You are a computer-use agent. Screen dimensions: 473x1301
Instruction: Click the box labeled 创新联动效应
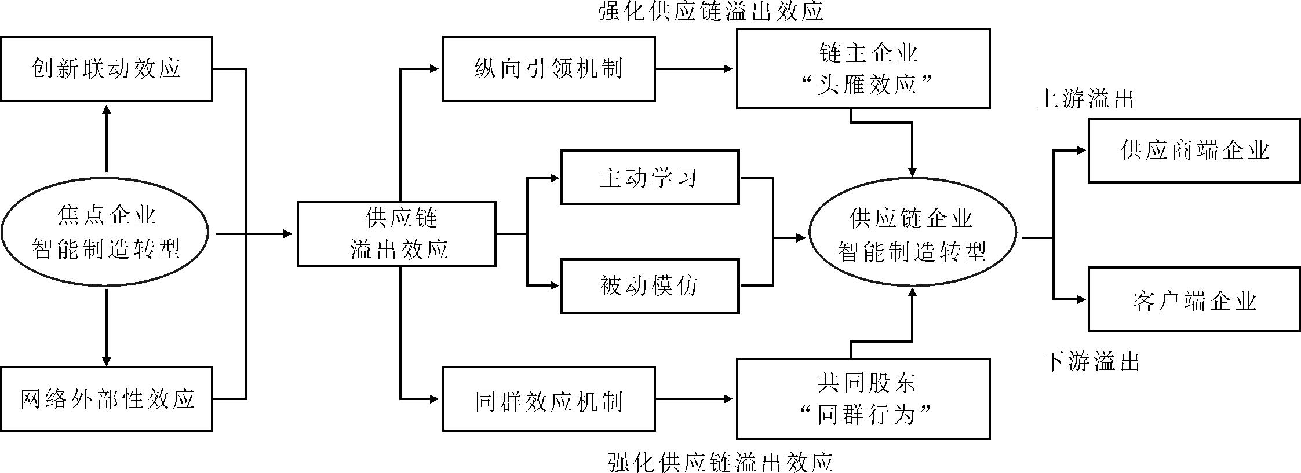(x=106, y=69)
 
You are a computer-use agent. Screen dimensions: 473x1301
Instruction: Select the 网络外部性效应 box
(x=106, y=399)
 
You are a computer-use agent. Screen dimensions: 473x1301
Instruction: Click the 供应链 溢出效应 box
(x=396, y=234)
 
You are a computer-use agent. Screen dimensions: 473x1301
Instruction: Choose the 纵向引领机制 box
(x=549, y=69)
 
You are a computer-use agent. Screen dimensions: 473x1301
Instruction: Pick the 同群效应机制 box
(x=549, y=399)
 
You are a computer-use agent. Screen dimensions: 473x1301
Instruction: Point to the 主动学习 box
(x=649, y=177)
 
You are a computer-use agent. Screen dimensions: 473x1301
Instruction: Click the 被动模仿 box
(x=649, y=286)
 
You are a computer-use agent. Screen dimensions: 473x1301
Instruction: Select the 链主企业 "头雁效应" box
(x=863, y=69)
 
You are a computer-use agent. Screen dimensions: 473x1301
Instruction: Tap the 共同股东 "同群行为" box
(x=863, y=399)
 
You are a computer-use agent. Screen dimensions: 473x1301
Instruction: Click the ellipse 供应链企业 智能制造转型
(x=912, y=234)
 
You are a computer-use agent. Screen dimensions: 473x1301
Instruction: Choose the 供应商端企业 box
(x=1194, y=151)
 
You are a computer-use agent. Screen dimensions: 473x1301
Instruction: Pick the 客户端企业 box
(x=1194, y=299)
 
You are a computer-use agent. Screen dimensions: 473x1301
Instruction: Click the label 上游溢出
(x=1085, y=99)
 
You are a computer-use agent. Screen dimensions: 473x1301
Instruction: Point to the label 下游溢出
(x=1092, y=362)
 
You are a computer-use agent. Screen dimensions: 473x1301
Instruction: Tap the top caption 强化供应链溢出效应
(x=710, y=12)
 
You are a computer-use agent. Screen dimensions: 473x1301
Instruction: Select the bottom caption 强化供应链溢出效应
(x=720, y=463)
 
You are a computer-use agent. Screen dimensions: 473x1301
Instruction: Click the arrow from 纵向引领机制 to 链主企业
(x=695, y=69)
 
